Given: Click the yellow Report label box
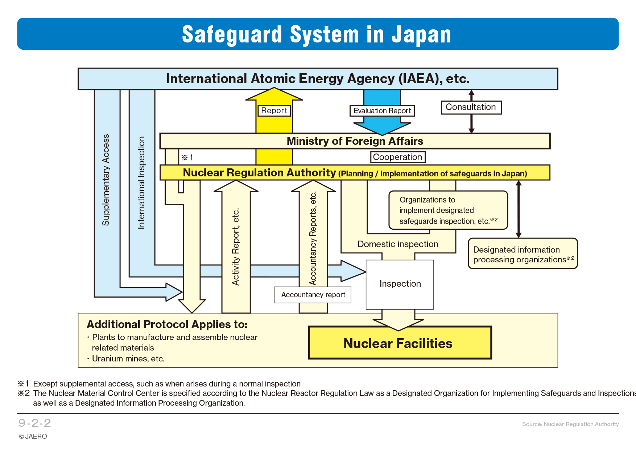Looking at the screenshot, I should tap(274, 111).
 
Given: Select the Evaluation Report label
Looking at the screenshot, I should tap(382, 111).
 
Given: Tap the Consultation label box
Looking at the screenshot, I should tap(471, 107).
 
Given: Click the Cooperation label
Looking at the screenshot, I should tap(397, 157).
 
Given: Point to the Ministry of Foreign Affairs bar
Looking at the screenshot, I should tap(355, 141).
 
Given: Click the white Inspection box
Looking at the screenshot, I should tap(400, 284).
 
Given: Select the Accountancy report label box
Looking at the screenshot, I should tap(313, 295).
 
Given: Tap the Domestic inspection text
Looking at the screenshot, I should tap(398, 244).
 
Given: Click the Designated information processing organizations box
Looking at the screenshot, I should tap(523, 254).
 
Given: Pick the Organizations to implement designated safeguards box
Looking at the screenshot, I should tap(448, 210).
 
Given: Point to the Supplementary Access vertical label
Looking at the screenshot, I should tap(106, 180).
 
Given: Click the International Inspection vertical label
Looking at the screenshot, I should tap(141, 183).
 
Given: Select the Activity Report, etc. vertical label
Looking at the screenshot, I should tap(236, 247).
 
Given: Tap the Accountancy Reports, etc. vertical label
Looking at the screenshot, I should tap(313, 238).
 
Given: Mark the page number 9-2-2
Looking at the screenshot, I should tap(35, 423).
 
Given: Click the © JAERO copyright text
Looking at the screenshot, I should tap(33, 437).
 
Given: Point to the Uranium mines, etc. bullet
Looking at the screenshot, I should tap(128, 359).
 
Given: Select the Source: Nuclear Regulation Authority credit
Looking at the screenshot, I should tap(570, 424).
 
